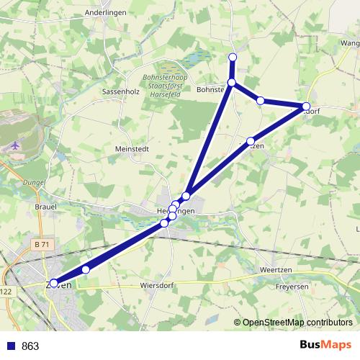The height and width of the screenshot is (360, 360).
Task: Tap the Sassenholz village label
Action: point(120,91)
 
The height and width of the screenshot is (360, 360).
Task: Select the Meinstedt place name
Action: point(132,149)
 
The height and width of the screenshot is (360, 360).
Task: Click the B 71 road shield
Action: point(42,245)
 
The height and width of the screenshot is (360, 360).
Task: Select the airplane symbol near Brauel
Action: point(17,146)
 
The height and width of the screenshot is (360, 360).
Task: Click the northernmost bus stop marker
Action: point(233,57)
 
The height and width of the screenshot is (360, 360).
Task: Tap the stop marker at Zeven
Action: point(54,283)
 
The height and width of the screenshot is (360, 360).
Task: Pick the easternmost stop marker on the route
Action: point(305,108)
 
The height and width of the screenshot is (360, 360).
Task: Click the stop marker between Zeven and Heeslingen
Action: point(86,269)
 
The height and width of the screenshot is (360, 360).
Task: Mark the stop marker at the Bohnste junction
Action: point(232,83)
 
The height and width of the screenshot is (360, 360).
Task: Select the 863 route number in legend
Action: point(30,346)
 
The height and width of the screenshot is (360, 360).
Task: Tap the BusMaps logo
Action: point(325,345)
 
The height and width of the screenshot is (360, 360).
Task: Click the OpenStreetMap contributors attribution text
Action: point(297,323)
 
